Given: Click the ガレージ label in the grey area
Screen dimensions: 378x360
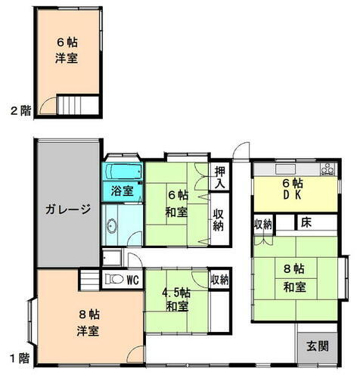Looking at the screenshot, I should (67, 209).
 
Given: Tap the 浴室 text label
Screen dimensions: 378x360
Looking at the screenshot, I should (123, 191).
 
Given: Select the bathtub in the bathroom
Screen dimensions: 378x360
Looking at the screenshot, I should (122, 171).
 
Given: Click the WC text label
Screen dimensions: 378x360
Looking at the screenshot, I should (132, 280).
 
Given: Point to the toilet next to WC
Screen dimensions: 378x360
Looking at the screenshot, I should (115, 280).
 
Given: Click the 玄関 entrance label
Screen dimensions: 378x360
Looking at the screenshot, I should (317, 347).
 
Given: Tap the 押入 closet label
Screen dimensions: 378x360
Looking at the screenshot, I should (219, 178).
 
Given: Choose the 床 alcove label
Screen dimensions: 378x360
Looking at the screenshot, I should (306, 223).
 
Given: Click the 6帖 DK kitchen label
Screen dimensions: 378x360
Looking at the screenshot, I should (293, 189).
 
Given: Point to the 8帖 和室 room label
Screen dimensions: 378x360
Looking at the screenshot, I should (294, 277).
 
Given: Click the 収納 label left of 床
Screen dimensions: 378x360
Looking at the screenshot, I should (262, 224).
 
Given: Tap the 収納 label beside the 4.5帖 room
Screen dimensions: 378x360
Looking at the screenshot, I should (219, 280).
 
